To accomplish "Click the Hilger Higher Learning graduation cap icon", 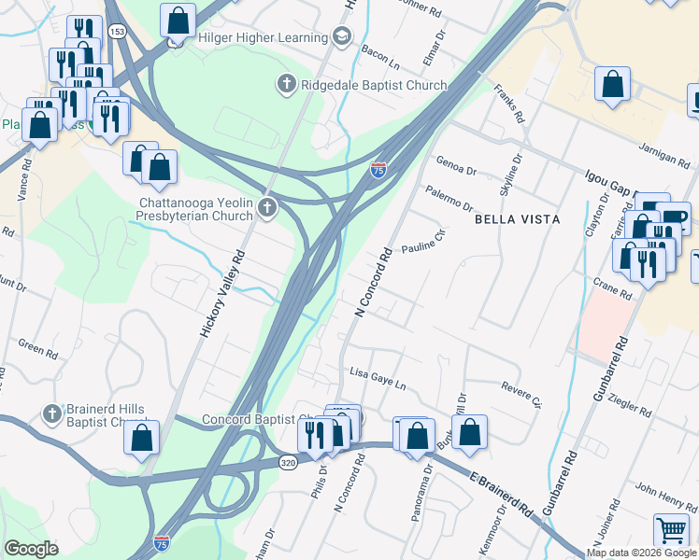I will pyautogui.click(x=342, y=37).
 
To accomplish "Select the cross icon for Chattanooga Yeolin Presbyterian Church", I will pyautogui.click(x=268, y=208).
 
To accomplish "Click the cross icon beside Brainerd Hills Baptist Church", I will pyautogui.click(x=52, y=413).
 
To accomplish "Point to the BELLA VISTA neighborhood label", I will pyautogui.click(x=517, y=219).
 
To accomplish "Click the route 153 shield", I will pyautogui.click(x=116, y=31).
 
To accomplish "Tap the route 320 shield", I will pyautogui.click(x=288, y=462).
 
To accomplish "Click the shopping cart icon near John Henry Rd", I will pyautogui.click(x=672, y=529).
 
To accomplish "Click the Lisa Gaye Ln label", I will pyautogui.click(x=378, y=378).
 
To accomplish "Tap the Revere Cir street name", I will pyautogui.click(x=521, y=394).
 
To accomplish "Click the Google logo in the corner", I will pyautogui.click(x=31, y=548).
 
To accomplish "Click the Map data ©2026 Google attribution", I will pyautogui.click(x=641, y=553).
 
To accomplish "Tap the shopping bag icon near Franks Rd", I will pyautogui.click(x=612, y=83).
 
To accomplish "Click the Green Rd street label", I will pyautogui.click(x=37, y=350).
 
